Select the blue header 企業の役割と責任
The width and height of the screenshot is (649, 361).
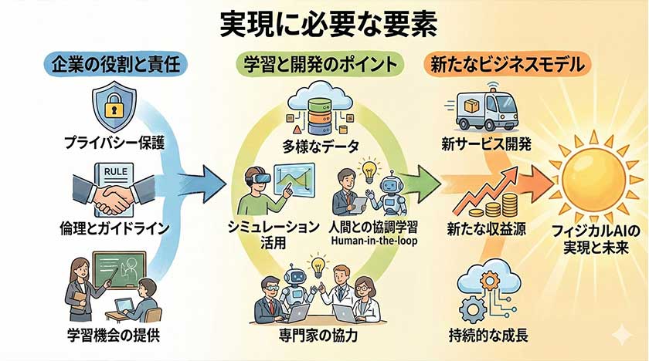pyautogui.click(x=114, y=64)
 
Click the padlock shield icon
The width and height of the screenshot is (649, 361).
pyautogui.click(x=114, y=106)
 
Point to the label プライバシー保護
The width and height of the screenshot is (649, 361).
pyautogui.click(x=114, y=141)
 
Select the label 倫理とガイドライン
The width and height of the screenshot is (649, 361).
pyautogui.click(x=114, y=229)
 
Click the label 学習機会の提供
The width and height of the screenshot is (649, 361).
pyautogui.click(x=114, y=336)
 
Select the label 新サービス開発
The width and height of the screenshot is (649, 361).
pyautogui.click(x=487, y=144)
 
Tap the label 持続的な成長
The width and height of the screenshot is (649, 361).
pyautogui.click(x=487, y=336)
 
